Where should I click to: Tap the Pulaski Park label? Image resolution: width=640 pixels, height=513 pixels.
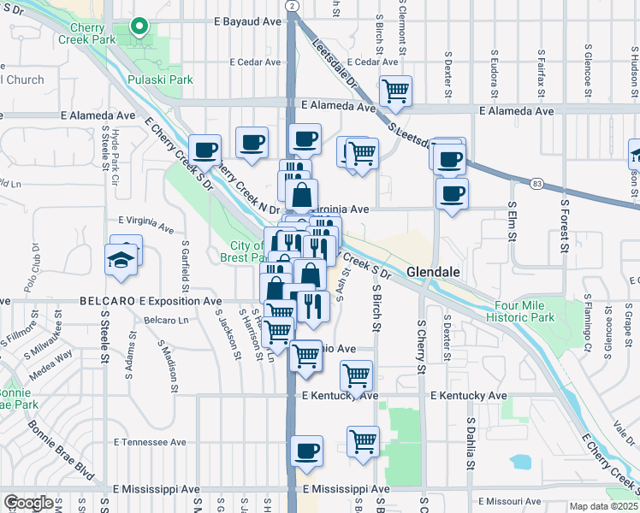[x=160, y=80]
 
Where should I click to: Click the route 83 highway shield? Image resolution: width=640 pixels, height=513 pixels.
[x=536, y=183]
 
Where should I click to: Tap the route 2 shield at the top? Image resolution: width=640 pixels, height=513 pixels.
[x=292, y=6]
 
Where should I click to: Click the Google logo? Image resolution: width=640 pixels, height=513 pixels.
[x=27, y=503]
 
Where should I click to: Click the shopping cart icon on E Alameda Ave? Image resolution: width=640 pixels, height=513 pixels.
[x=395, y=90]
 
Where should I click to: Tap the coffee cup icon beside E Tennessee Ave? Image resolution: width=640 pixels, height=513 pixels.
[x=306, y=451]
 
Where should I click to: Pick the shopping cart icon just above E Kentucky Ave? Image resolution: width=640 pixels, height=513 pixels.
[x=356, y=374]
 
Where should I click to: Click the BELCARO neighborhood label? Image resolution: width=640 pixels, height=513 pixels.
[x=109, y=302]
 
